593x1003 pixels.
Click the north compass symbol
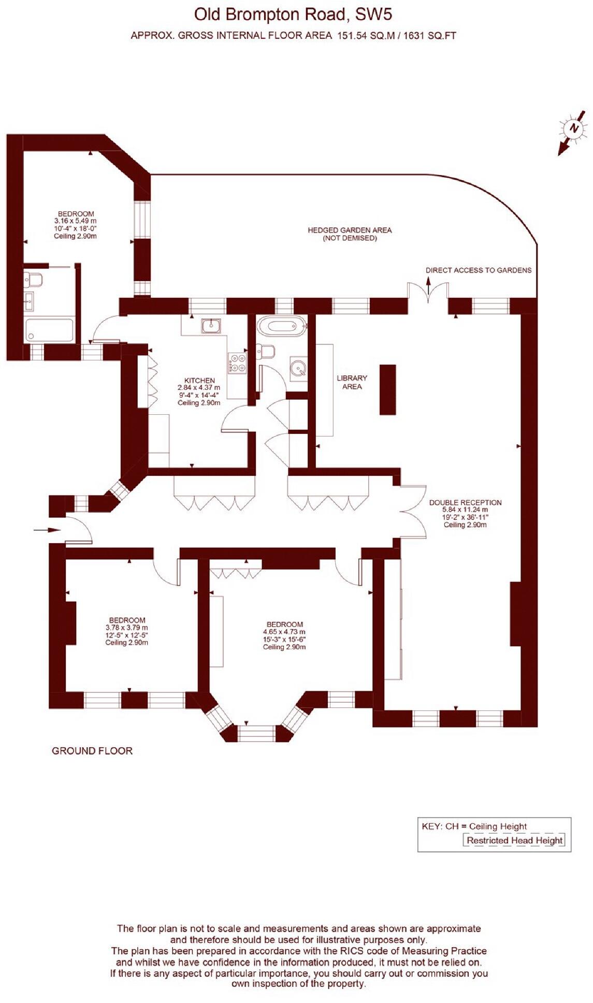click(573, 128)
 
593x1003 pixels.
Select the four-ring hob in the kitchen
click(238, 362)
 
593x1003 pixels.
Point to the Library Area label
click(352, 382)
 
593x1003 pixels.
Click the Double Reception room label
click(465, 513)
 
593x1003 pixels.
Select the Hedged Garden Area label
click(350, 234)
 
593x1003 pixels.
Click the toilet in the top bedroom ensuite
click(34, 280)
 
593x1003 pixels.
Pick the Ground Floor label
click(92, 751)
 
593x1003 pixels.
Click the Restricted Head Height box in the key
click(514, 840)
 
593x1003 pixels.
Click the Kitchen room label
click(199, 391)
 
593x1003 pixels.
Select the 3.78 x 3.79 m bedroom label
click(127, 631)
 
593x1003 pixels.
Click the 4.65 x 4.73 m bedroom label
click(284, 635)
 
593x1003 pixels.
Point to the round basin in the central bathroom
click(298, 368)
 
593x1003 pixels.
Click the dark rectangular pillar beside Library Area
click(387, 389)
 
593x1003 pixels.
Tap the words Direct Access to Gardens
click(478, 270)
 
